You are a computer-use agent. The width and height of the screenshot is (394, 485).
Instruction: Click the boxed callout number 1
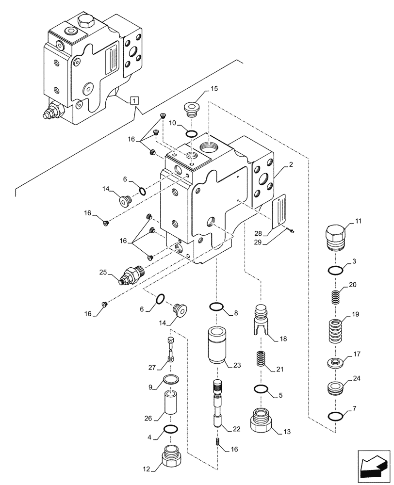[134, 101]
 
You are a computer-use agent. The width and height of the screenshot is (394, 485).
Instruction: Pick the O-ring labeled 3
[336, 270]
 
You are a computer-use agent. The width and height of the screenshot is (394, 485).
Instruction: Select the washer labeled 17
[336, 362]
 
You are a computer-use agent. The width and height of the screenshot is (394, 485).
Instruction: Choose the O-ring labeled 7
[336, 416]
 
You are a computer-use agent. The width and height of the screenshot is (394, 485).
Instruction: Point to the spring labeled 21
[262, 361]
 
